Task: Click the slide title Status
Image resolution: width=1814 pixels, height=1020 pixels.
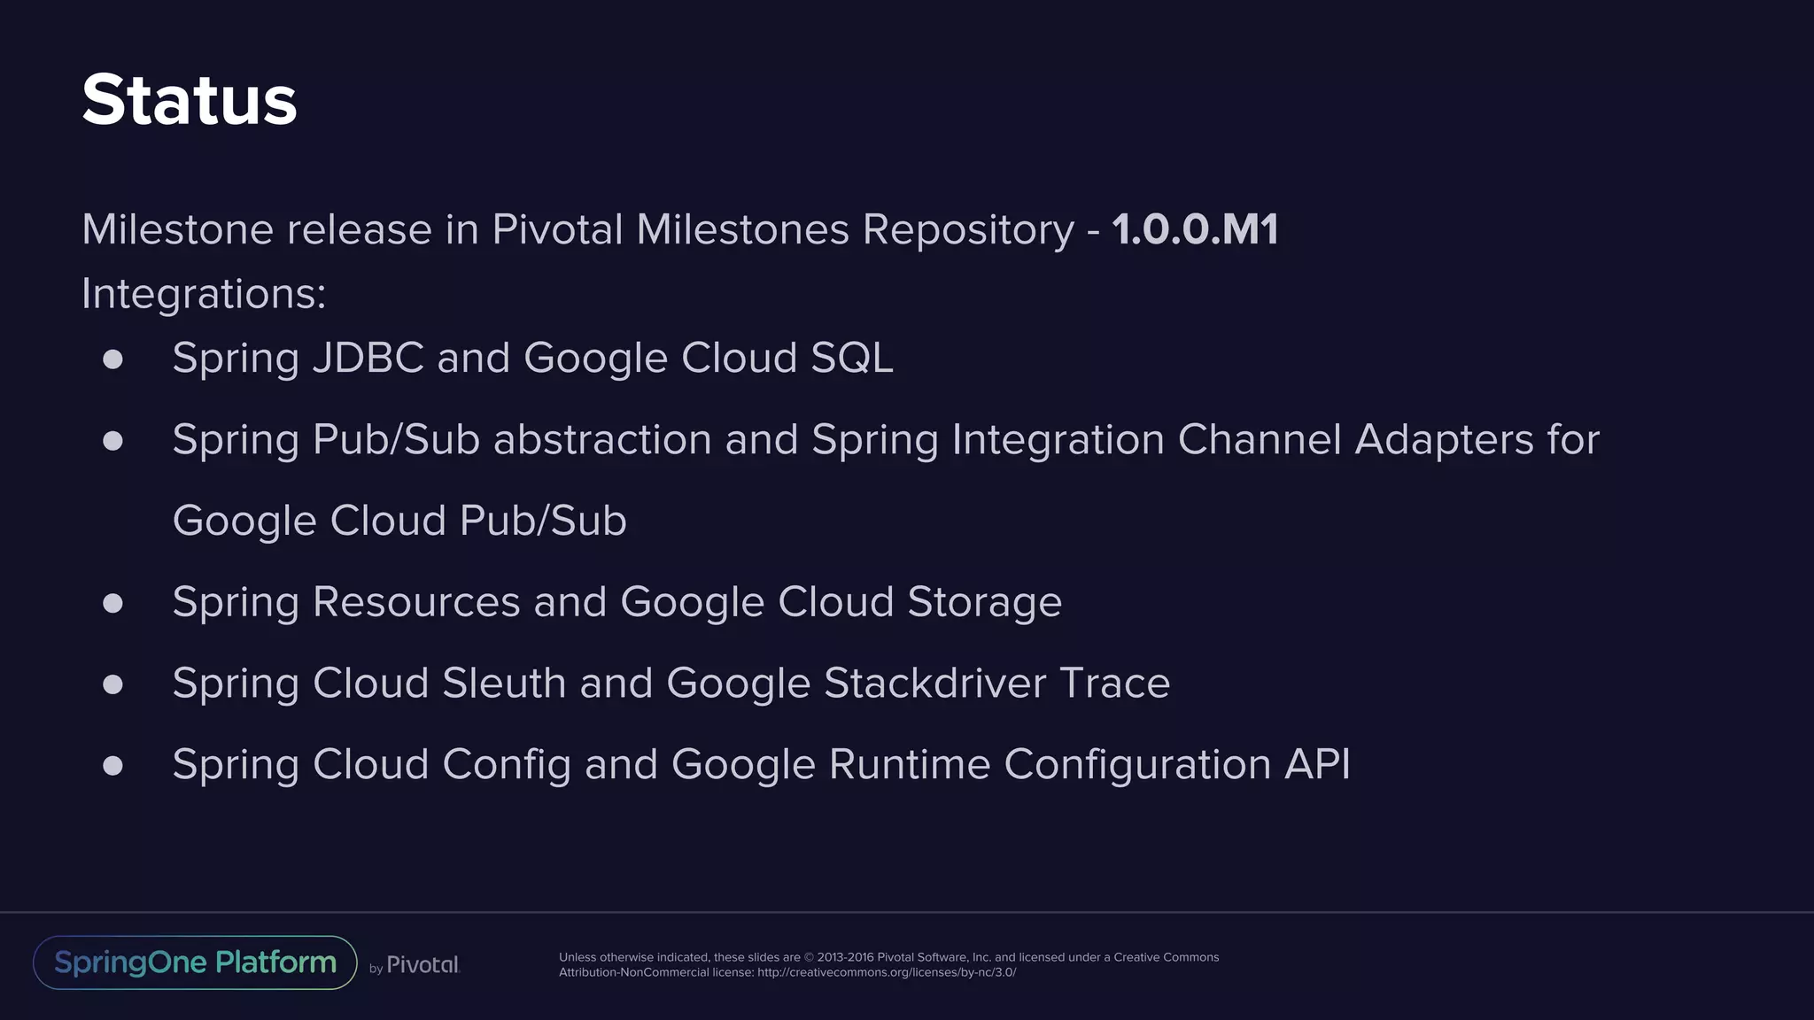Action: (x=190, y=100)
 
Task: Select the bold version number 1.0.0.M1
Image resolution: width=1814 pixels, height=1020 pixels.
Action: (x=1195, y=229)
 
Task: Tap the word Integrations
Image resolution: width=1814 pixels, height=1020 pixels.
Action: (x=203, y=294)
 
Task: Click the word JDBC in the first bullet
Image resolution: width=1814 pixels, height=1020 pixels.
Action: (x=368, y=359)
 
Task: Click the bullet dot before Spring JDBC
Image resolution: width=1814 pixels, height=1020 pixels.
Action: (x=112, y=359)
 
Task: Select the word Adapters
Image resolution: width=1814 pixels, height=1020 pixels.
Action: (x=1444, y=440)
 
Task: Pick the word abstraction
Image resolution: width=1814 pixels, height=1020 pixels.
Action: (x=602, y=440)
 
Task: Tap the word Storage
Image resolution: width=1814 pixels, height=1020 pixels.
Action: (x=984, y=603)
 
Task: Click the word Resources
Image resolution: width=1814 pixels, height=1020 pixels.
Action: (x=416, y=603)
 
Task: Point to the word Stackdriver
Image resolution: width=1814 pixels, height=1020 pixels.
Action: (x=934, y=684)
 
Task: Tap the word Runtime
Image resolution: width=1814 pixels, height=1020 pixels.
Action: (x=909, y=765)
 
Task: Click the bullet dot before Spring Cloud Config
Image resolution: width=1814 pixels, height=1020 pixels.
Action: (x=112, y=766)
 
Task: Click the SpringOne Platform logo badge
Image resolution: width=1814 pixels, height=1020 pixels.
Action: (x=195, y=962)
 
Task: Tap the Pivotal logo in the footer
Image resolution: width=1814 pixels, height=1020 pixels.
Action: (x=422, y=965)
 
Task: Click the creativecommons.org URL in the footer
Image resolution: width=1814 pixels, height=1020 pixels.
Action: (x=887, y=973)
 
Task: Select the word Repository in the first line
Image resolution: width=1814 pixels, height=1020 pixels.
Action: (x=968, y=230)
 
